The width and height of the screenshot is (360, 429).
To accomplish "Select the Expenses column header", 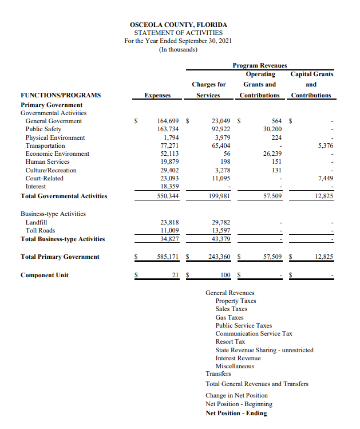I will [x=157, y=95].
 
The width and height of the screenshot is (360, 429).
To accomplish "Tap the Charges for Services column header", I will [x=208, y=89].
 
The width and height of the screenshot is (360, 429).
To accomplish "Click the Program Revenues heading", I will [x=260, y=65].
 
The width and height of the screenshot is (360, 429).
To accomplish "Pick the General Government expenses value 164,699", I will [x=168, y=121].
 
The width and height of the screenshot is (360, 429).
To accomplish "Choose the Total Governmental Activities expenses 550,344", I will [x=168, y=196].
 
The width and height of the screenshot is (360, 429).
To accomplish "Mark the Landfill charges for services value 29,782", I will [x=220, y=222].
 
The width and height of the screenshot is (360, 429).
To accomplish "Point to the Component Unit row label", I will [x=45, y=275].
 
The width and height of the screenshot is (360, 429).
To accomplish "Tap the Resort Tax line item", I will [x=230, y=341].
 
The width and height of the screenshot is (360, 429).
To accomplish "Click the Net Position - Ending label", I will [x=236, y=413].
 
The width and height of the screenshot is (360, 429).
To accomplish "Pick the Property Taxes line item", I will [x=236, y=301].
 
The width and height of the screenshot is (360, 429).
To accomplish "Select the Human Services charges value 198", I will [x=225, y=162].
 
